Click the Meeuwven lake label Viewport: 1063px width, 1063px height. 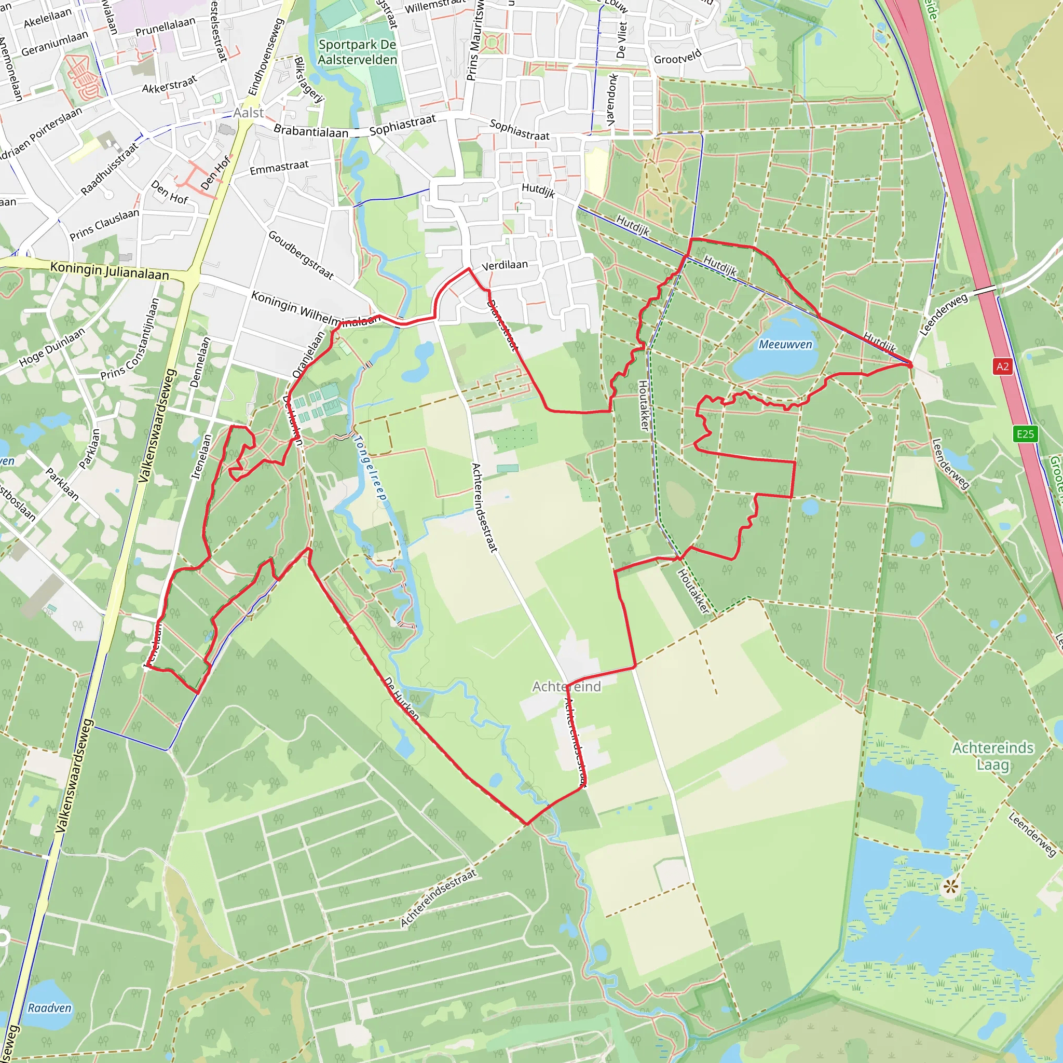pyautogui.click(x=785, y=345)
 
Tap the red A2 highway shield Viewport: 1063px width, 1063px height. pyautogui.click(x=1002, y=366)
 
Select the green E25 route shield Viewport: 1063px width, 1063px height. pyautogui.click(x=1025, y=434)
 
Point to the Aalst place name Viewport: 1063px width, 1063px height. pyautogui.click(x=248, y=113)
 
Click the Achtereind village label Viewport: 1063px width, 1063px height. pyautogui.click(x=566, y=686)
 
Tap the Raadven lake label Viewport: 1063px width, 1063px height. pyautogui.click(x=49, y=1007)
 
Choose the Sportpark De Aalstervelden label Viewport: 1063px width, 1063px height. pyautogui.click(x=357, y=52)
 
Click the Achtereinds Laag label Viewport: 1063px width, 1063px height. pyautogui.click(x=992, y=756)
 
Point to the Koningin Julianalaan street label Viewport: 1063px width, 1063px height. pyautogui.click(x=110, y=271)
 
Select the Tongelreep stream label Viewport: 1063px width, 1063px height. pyautogui.click(x=370, y=468)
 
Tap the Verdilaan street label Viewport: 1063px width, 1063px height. pyautogui.click(x=505, y=265)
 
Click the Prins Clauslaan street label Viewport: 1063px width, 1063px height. pyautogui.click(x=104, y=224)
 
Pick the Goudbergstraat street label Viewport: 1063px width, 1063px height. pyautogui.click(x=301, y=254)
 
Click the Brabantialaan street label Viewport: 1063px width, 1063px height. pyautogui.click(x=311, y=131)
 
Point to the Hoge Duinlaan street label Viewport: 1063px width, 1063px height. pyautogui.click(x=52, y=347)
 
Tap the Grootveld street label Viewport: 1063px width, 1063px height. pyautogui.click(x=677, y=56)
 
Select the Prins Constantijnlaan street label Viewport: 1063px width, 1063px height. pyautogui.click(x=130, y=339)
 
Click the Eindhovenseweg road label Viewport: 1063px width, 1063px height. pyautogui.click(x=266, y=57)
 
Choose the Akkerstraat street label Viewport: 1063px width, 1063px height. pyautogui.click(x=169, y=85)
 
